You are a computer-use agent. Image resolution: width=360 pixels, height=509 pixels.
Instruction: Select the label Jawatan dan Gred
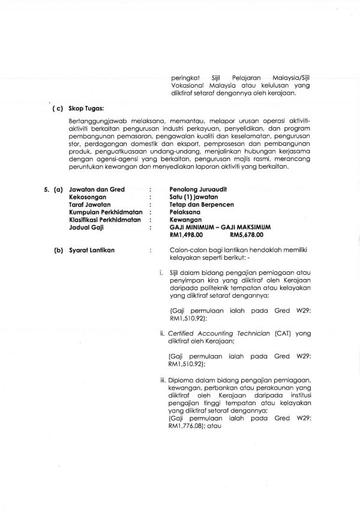(97, 190)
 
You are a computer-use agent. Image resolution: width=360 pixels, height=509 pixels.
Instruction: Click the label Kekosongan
(88, 197)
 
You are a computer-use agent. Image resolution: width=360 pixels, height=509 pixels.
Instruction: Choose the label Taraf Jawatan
(90, 205)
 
